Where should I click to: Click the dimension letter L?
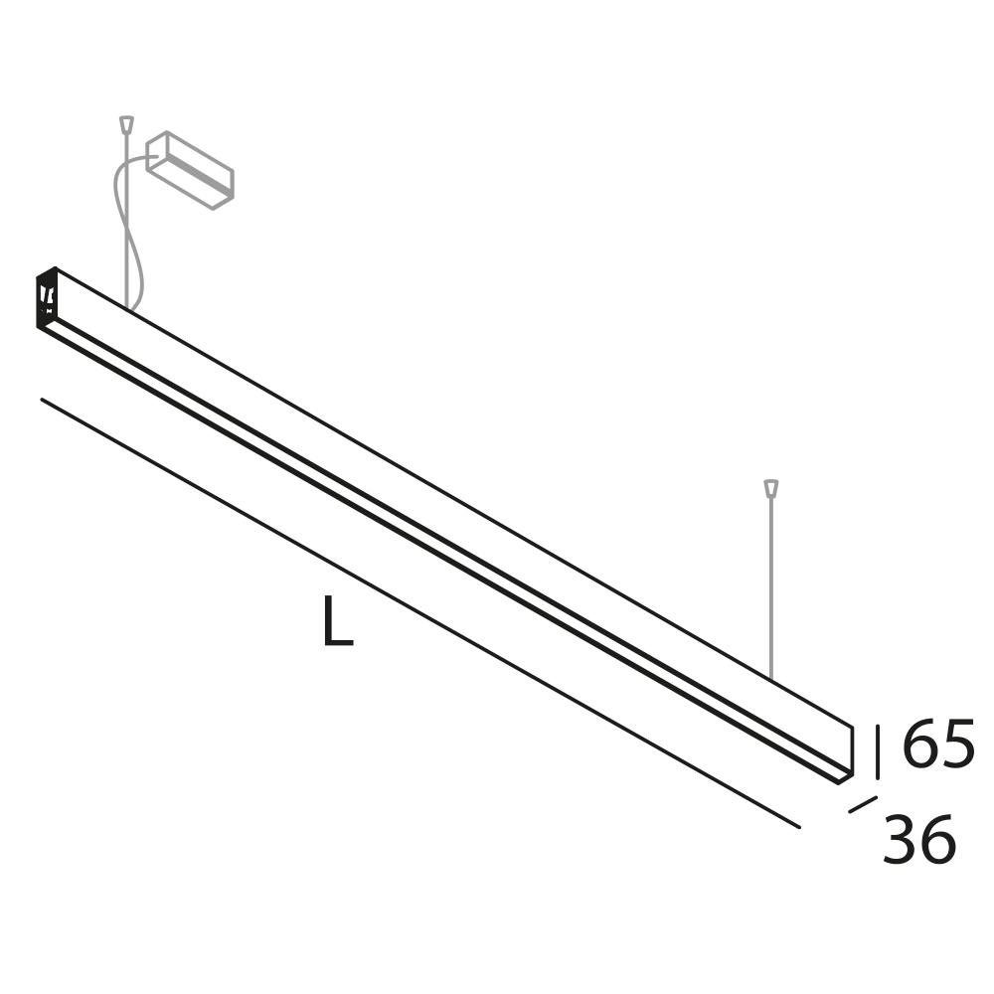tap(338, 620)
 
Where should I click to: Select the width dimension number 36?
tap(919, 839)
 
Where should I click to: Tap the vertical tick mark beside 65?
tap(878, 751)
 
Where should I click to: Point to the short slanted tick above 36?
tap(863, 804)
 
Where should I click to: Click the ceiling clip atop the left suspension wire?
tap(127, 123)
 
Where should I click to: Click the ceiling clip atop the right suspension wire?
tap(771, 488)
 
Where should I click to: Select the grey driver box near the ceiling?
tap(190, 170)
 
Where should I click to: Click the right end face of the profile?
tap(846, 754)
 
